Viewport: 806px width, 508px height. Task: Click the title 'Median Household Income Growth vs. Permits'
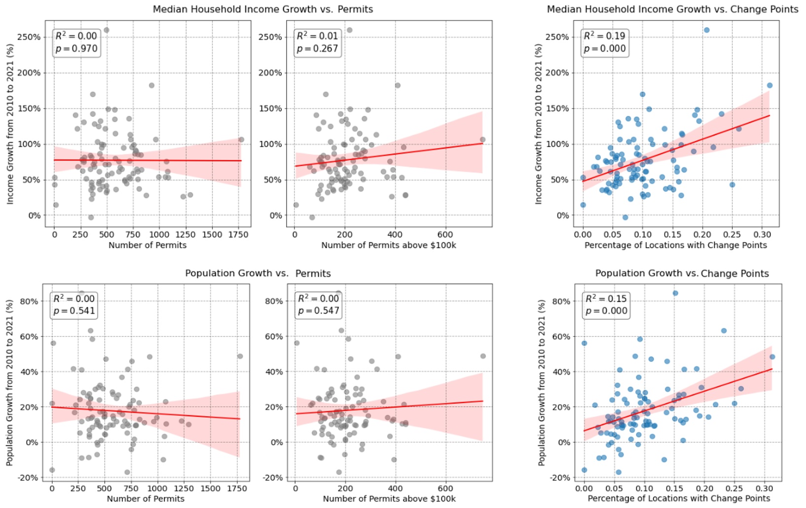pyautogui.click(x=262, y=9)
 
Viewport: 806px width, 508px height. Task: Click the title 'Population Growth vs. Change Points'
pyautogui.click(x=682, y=274)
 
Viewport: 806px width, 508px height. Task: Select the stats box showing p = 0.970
pyautogui.click(x=76, y=42)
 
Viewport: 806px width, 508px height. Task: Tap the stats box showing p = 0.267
pyautogui.click(x=317, y=42)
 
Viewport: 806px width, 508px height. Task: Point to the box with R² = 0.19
pyautogui.click(x=604, y=42)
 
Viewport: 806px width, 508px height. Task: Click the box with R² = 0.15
pyautogui.click(x=606, y=305)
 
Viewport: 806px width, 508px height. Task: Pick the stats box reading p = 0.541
pyautogui.click(x=74, y=305)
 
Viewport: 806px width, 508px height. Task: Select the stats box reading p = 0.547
pyautogui.click(x=319, y=305)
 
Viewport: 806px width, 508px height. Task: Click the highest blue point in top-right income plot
pyautogui.click(x=706, y=30)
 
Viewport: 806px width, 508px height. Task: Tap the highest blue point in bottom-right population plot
pyautogui.click(x=675, y=293)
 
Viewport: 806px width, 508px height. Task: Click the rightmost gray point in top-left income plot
pyautogui.click(x=241, y=140)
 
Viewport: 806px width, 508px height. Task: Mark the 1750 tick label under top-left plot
pyautogui.click(x=238, y=234)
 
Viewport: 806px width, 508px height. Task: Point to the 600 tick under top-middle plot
pyautogui.click(x=445, y=234)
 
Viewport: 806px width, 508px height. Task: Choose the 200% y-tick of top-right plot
pyautogui.click(x=557, y=73)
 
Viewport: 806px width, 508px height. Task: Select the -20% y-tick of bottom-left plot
pyautogui.click(x=28, y=478)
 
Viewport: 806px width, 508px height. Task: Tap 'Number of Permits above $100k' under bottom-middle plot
pyautogui.click(x=389, y=499)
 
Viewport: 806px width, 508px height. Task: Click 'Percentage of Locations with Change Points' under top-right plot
pyautogui.click(x=675, y=245)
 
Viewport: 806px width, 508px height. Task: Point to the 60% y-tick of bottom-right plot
pyautogui.click(x=561, y=337)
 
